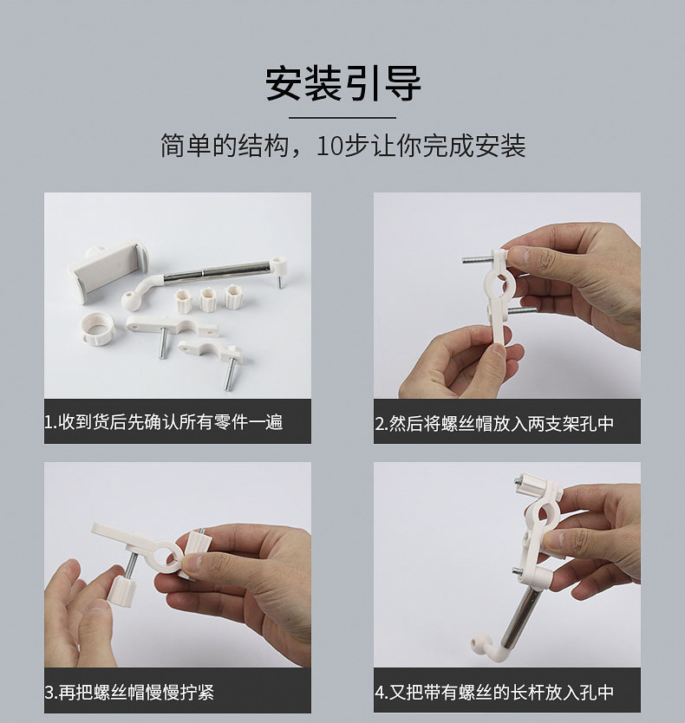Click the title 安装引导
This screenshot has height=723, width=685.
[342, 83]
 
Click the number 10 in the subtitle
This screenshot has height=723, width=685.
[327, 146]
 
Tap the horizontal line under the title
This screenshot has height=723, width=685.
[342, 118]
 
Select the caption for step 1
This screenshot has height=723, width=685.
[163, 422]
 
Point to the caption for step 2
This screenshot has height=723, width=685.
[494, 423]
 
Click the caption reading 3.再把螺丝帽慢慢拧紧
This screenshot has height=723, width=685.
[129, 692]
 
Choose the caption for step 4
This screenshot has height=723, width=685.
[494, 692]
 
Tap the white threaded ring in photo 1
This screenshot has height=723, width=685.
[97, 329]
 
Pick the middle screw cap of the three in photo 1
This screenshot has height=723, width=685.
[208, 299]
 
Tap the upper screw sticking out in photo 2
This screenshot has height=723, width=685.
[477, 260]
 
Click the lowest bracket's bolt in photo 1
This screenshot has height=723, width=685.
[228, 375]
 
